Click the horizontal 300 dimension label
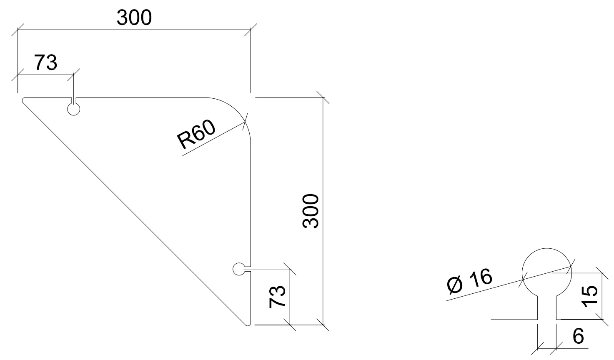[134, 18]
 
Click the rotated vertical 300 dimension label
[311, 211]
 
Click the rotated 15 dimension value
[590, 296]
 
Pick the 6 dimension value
[578, 336]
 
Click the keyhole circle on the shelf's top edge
[73, 109]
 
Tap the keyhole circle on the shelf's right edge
[238, 269]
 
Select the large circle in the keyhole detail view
[546, 273]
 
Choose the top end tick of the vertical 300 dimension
[323, 97]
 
